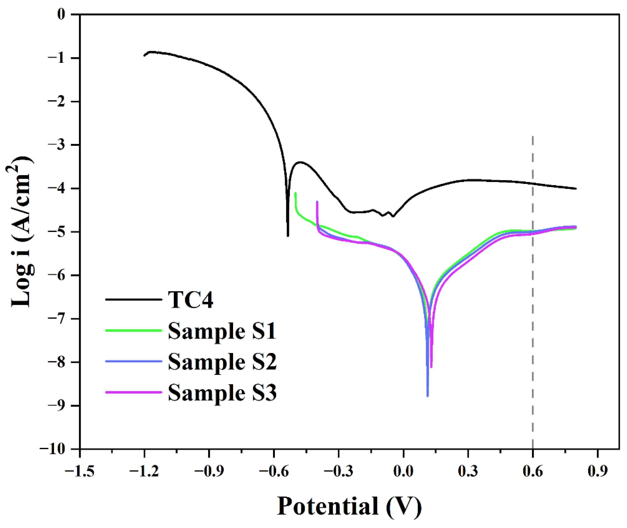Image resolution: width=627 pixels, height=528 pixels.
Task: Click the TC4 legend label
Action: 190,300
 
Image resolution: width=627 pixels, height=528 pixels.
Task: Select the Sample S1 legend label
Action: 222,331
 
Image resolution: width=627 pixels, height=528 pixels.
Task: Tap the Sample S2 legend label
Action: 222,362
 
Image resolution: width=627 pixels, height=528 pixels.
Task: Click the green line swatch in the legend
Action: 133,330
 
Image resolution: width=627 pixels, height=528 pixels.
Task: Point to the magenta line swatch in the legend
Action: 133,392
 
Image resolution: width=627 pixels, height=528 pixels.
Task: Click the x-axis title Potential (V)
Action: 349,506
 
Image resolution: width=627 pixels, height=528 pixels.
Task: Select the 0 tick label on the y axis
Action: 61,14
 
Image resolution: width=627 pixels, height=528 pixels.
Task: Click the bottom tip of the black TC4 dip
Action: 288,236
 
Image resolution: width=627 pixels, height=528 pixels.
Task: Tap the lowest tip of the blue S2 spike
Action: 428,396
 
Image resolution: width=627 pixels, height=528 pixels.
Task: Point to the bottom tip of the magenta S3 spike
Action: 431,367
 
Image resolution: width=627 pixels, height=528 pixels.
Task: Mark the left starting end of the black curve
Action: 144,56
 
